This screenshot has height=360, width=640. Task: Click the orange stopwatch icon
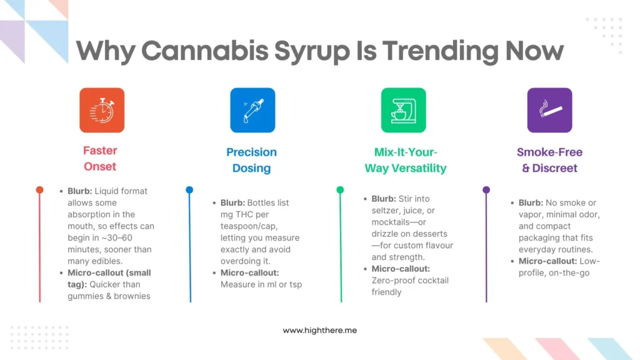[x=102, y=110]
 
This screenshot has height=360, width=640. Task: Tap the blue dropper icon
[x=252, y=110]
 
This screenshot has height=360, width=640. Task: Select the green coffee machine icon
[x=403, y=110]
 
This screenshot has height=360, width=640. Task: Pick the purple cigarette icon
[x=549, y=110]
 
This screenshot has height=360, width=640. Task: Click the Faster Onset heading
[x=100, y=159]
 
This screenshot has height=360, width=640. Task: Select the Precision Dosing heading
[x=251, y=160]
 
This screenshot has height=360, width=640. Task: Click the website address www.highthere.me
[x=319, y=330]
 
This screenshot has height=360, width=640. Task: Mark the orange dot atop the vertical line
[x=39, y=189]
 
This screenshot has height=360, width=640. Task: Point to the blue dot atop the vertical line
[x=189, y=189]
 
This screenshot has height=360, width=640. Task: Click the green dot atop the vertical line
[x=340, y=189]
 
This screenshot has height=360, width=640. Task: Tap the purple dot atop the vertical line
[x=486, y=189]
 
